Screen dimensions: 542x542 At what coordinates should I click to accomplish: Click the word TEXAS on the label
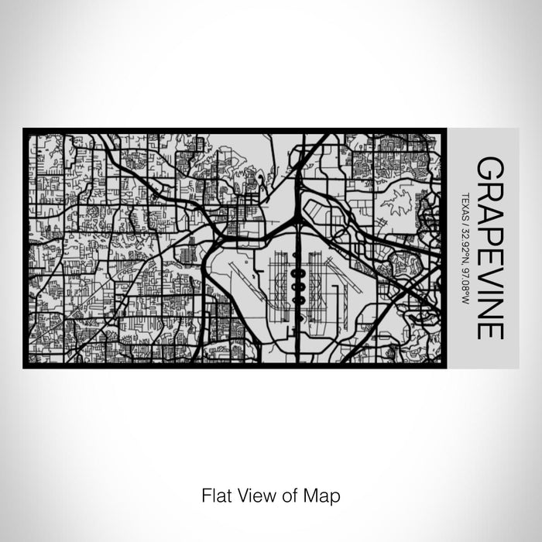[x=465, y=205]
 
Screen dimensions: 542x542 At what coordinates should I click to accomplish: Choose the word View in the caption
[x=252, y=493]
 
